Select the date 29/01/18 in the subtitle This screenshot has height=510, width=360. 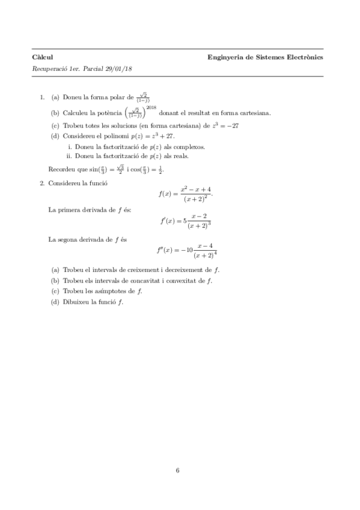pyautogui.click(x=120, y=69)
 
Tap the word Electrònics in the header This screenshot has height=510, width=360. pyautogui.click(x=304, y=57)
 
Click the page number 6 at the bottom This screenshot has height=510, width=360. pyautogui.click(x=178, y=470)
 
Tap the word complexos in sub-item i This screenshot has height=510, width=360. pyautogui.click(x=189, y=146)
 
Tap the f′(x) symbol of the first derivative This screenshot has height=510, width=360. pyautogui.click(x=167, y=221)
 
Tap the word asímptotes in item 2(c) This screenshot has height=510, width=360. pyautogui.click(x=118, y=291)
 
